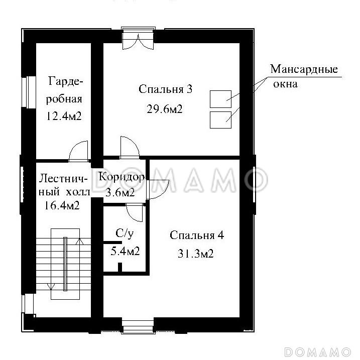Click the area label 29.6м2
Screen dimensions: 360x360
pos(164,109)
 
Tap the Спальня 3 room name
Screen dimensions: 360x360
pos(165,89)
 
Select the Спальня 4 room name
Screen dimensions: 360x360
pos(196,235)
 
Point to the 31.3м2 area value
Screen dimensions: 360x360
pos(196,254)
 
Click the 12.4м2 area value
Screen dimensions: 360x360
pos(63,116)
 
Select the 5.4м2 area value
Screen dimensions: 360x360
pos(125,251)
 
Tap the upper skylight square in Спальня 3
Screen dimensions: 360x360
pos(220,98)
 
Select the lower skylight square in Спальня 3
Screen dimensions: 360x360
pos(220,119)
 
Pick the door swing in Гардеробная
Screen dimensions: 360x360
pos(79,151)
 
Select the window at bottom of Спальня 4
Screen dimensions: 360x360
pos(138,327)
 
